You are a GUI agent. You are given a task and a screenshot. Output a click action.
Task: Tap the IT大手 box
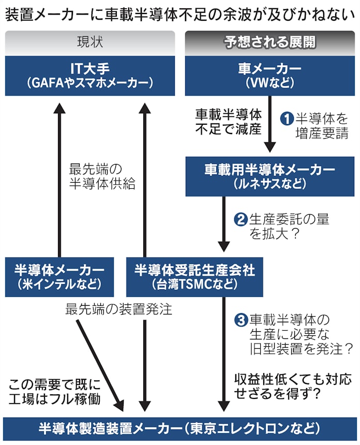click(x=89, y=76)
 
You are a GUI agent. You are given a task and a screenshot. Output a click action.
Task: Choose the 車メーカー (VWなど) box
click(x=270, y=76)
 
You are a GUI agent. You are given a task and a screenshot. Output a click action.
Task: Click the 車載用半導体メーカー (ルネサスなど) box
click(x=270, y=176)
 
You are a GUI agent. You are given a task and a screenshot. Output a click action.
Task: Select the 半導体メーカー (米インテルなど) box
click(x=60, y=277)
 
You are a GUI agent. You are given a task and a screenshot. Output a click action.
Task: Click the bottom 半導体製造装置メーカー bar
click(x=179, y=429)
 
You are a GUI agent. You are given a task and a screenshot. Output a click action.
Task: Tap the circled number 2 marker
click(x=241, y=219)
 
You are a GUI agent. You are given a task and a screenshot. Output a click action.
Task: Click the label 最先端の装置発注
click(x=118, y=310)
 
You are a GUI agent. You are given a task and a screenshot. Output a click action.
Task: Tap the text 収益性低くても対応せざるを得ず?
click(x=292, y=385)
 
